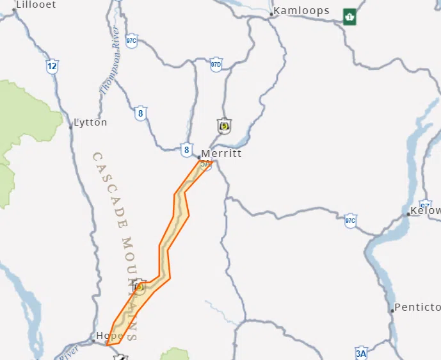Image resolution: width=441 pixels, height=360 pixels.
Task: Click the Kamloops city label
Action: pyautogui.click(x=301, y=10)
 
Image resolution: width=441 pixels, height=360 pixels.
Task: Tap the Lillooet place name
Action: pyautogui.click(x=36, y=4)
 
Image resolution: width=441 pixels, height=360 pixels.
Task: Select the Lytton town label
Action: pyautogui.click(x=91, y=122)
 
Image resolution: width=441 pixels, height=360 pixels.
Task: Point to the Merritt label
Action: pyautogui.click(x=221, y=154)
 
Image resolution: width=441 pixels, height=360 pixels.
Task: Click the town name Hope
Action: pyautogui.click(x=109, y=336)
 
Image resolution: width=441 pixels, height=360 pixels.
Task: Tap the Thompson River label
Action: pyautogui.click(x=111, y=64)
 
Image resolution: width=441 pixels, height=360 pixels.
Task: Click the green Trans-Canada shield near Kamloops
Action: pyautogui.click(x=349, y=16)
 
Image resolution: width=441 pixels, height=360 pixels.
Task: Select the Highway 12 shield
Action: pyautogui.click(x=52, y=66)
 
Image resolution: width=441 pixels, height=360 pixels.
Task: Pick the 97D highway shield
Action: pyautogui.click(x=216, y=65)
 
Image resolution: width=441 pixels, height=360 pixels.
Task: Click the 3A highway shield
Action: pyautogui.click(x=361, y=353)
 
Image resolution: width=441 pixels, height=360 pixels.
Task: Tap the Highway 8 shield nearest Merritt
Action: pyautogui.click(x=186, y=150)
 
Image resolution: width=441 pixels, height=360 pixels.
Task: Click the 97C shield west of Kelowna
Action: pyautogui.click(x=350, y=221)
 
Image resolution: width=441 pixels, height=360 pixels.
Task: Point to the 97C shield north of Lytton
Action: pyautogui.click(x=131, y=40)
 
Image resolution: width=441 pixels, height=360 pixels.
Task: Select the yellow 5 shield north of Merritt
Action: pyautogui.click(x=224, y=126)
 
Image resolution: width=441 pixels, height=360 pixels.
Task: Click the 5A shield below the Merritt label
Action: pyautogui.click(x=205, y=164)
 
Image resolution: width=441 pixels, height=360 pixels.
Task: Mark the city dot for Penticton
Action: pyautogui.click(x=392, y=311)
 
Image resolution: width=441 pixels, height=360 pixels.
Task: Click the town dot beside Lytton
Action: pyautogui.click(x=70, y=127)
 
